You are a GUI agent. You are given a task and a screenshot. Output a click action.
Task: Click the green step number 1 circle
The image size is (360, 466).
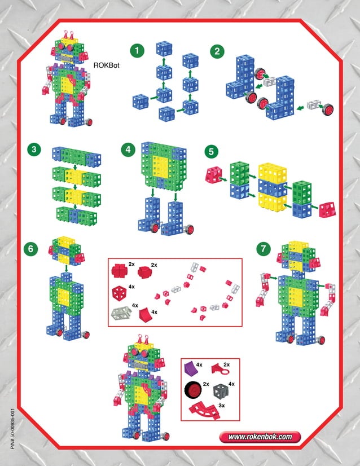pyautogui.click(x=136, y=51)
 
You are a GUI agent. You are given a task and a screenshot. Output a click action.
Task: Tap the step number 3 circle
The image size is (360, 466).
pyautogui.click(x=35, y=150)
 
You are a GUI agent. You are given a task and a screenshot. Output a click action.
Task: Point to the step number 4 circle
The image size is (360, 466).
pyautogui.click(x=129, y=150)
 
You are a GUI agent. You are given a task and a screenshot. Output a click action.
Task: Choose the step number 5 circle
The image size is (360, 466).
pyautogui.click(x=211, y=151)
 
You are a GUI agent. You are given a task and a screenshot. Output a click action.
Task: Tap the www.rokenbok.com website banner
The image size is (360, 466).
pyautogui.click(x=260, y=436)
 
